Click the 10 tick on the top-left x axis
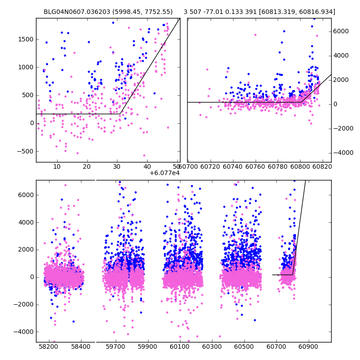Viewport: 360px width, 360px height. click(57, 167)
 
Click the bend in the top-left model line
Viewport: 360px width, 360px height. click(120, 114)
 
